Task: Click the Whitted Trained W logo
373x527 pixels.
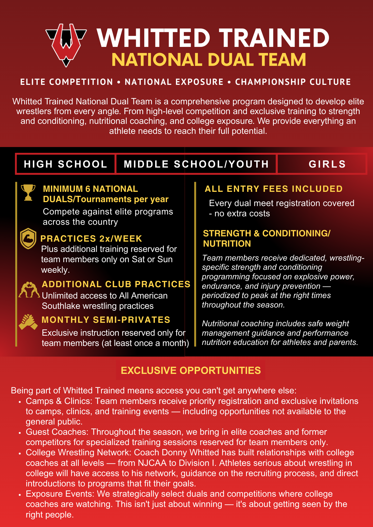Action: tap(66, 45)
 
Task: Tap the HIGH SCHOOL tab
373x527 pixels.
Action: tap(65, 164)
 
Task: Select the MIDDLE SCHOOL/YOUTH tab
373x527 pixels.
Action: tap(196, 164)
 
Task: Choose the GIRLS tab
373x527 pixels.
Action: tap(327, 164)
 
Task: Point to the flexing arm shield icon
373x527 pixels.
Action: tap(28, 238)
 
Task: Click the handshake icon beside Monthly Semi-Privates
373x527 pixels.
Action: tap(28, 322)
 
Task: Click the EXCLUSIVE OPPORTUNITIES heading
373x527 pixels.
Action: tap(191, 370)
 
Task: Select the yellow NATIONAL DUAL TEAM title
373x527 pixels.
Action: tap(209, 60)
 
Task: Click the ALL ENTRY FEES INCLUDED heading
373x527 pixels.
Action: tap(274, 189)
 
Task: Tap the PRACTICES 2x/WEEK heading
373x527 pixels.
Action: tap(91, 238)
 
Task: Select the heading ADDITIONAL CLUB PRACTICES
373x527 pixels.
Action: tap(116, 284)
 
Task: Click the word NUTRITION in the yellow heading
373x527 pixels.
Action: tap(227, 244)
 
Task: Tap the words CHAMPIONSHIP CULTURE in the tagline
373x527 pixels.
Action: tap(293, 82)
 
